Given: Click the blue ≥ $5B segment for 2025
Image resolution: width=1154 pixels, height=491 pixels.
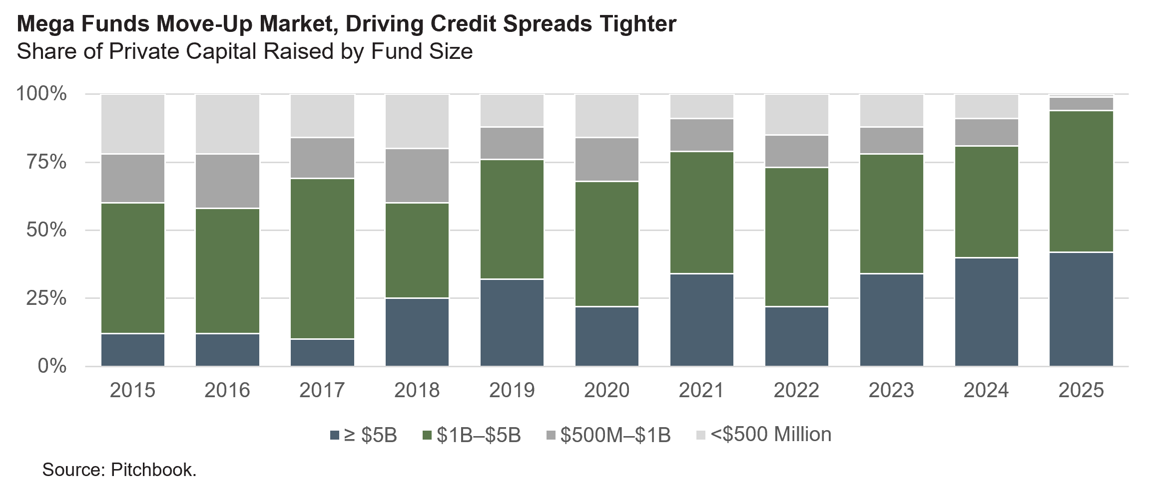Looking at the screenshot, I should coord(1081,309).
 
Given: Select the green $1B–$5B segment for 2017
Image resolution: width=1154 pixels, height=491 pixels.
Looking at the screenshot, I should coord(322,258).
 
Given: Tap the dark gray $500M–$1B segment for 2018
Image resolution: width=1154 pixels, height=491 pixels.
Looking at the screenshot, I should coord(417,176).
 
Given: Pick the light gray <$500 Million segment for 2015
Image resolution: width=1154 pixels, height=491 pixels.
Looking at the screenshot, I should coord(132,124).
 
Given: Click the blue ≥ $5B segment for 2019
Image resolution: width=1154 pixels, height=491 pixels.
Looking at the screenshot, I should coord(512,322).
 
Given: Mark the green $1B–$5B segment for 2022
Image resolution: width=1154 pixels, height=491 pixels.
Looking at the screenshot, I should coord(797,237).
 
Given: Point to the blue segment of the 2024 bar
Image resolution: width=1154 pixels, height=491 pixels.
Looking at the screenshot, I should coord(986,312).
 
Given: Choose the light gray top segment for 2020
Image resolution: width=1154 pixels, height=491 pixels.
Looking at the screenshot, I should coord(607,116).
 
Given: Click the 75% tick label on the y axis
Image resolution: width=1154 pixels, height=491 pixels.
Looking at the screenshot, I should coord(41,162).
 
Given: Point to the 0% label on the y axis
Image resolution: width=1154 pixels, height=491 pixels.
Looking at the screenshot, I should coord(52,366).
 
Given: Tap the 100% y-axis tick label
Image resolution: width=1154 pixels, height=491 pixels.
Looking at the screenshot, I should coord(41,94).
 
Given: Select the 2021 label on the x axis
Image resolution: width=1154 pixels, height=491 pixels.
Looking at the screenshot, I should coord(701,390).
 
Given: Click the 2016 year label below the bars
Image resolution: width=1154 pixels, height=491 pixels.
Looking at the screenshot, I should coord(227,390).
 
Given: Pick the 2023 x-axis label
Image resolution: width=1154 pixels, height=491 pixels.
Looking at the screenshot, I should coord(891,390).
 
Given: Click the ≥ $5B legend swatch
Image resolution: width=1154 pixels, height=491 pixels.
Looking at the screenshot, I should coord(335,436).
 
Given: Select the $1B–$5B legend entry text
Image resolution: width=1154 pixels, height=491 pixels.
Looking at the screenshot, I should coord(479,435).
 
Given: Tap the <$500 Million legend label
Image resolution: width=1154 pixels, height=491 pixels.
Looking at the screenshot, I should coord(771,435).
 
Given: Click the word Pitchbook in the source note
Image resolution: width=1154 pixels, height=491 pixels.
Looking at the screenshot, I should coord(153,470).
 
